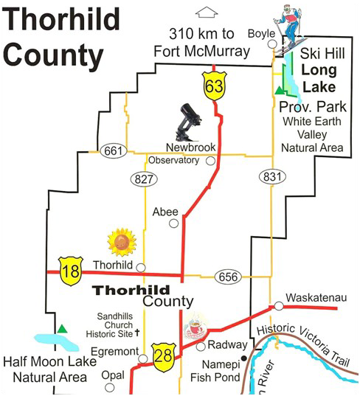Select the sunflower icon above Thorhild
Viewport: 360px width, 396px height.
[x=121, y=242]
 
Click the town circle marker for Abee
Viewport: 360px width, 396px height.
[x=173, y=223]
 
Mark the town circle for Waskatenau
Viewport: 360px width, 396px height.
[x=279, y=305]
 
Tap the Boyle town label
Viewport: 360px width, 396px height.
[x=260, y=33]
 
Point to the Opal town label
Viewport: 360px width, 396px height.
[x=113, y=375]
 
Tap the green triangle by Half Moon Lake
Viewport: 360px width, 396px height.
[x=65, y=327]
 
